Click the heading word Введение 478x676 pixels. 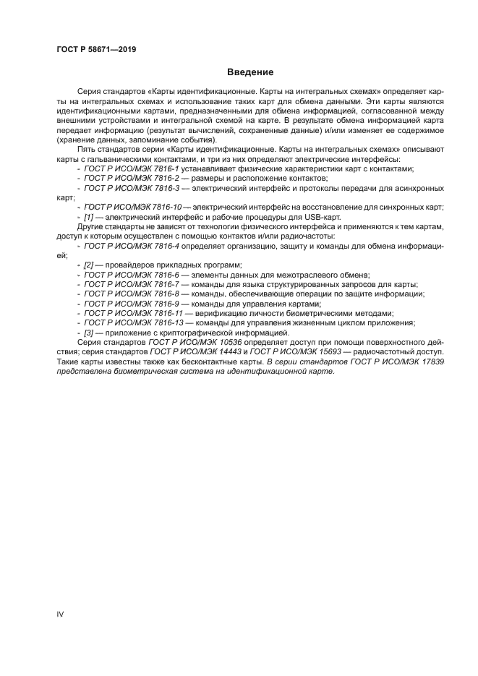click(x=250, y=72)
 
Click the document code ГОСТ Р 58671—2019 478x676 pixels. click(x=96, y=49)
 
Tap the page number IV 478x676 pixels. click(x=60, y=614)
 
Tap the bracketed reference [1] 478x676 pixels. click(x=89, y=217)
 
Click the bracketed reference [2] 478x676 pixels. click(x=89, y=265)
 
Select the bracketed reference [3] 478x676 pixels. click(x=89, y=333)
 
